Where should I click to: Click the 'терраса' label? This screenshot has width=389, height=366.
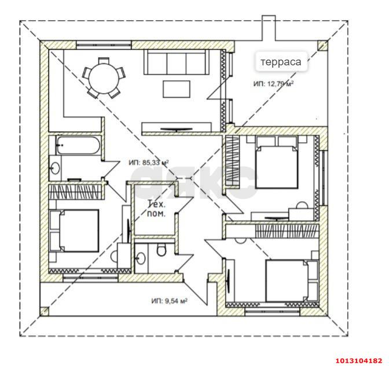coord(281,62)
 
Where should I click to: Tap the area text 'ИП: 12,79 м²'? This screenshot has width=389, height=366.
coord(273,84)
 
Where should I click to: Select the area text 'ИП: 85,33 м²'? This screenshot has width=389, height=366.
coord(149,163)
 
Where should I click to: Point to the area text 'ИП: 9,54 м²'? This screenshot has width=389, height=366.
coord(169,301)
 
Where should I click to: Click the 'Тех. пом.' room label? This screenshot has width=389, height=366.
coord(156,209)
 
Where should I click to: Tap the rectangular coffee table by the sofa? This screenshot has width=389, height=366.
coord(177,89)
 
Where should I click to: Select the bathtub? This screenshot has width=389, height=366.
coord(78,145)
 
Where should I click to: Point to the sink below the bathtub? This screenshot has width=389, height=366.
coord(55,168)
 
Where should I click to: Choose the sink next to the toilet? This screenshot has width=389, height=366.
coord(141,258)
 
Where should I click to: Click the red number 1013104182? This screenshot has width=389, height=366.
coord(359,360)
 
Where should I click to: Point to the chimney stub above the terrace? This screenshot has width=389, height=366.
coord(269,28)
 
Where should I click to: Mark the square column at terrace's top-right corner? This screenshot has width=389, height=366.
coord(323,46)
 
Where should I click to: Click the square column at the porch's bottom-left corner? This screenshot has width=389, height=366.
coord(45,311)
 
